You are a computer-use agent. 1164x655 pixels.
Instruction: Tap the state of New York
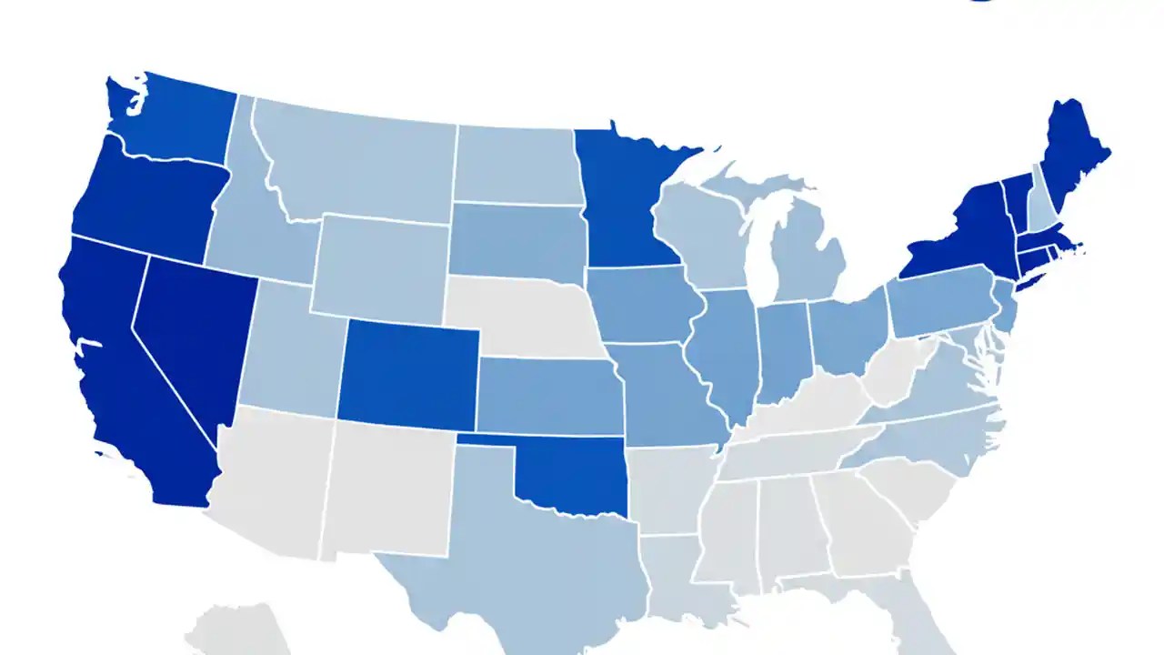tap(964, 237)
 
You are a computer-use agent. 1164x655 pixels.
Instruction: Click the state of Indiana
tap(782, 350)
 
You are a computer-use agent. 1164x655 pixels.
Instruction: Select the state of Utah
tap(286, 350)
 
